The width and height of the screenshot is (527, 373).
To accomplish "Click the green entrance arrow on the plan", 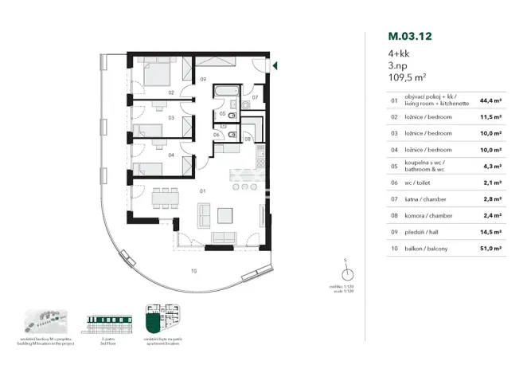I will [x=274, y=65].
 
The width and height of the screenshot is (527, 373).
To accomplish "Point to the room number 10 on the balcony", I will [x=193, y=271].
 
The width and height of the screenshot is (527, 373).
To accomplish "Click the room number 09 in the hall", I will [x=203, y=80].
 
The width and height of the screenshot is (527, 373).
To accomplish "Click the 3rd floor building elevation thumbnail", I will [x=107, y=322].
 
